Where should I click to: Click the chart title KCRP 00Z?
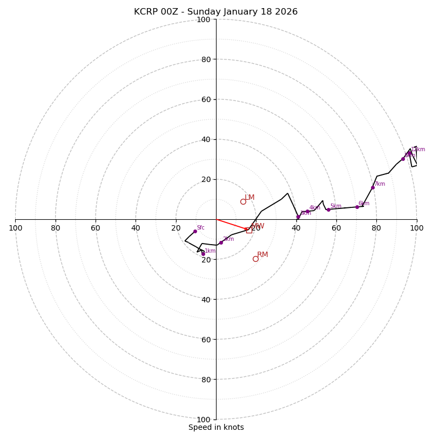[158, 12]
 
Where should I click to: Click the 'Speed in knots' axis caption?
[216, 427]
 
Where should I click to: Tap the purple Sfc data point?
[195, 231]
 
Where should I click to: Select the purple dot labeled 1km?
[203, 253]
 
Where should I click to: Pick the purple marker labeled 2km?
[221, 242]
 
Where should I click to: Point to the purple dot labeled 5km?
[328, 210]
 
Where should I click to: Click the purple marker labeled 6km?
[357, 207]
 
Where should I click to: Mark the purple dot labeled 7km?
[373, 187]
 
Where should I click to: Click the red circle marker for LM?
[243, 201]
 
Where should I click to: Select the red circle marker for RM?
[255, 259]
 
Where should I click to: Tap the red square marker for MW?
[249, 230]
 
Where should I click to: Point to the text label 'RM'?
[262, 254]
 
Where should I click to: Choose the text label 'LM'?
[249, 197]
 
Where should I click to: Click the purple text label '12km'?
[418, 150]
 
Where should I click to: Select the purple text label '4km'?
[315, 207]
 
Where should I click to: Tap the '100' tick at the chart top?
[204, 19]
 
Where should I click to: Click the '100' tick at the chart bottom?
[204, 419]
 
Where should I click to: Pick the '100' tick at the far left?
[15, 228]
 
